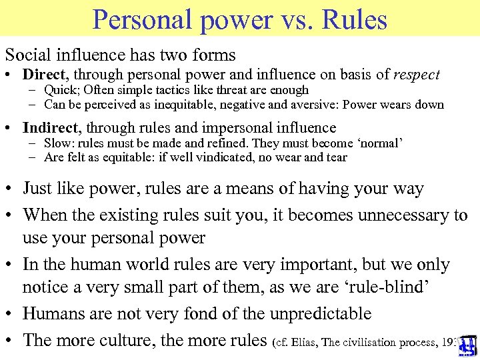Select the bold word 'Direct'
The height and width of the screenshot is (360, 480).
44,75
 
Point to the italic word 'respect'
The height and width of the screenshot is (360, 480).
417,75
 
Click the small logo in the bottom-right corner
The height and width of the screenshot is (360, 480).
467,344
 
